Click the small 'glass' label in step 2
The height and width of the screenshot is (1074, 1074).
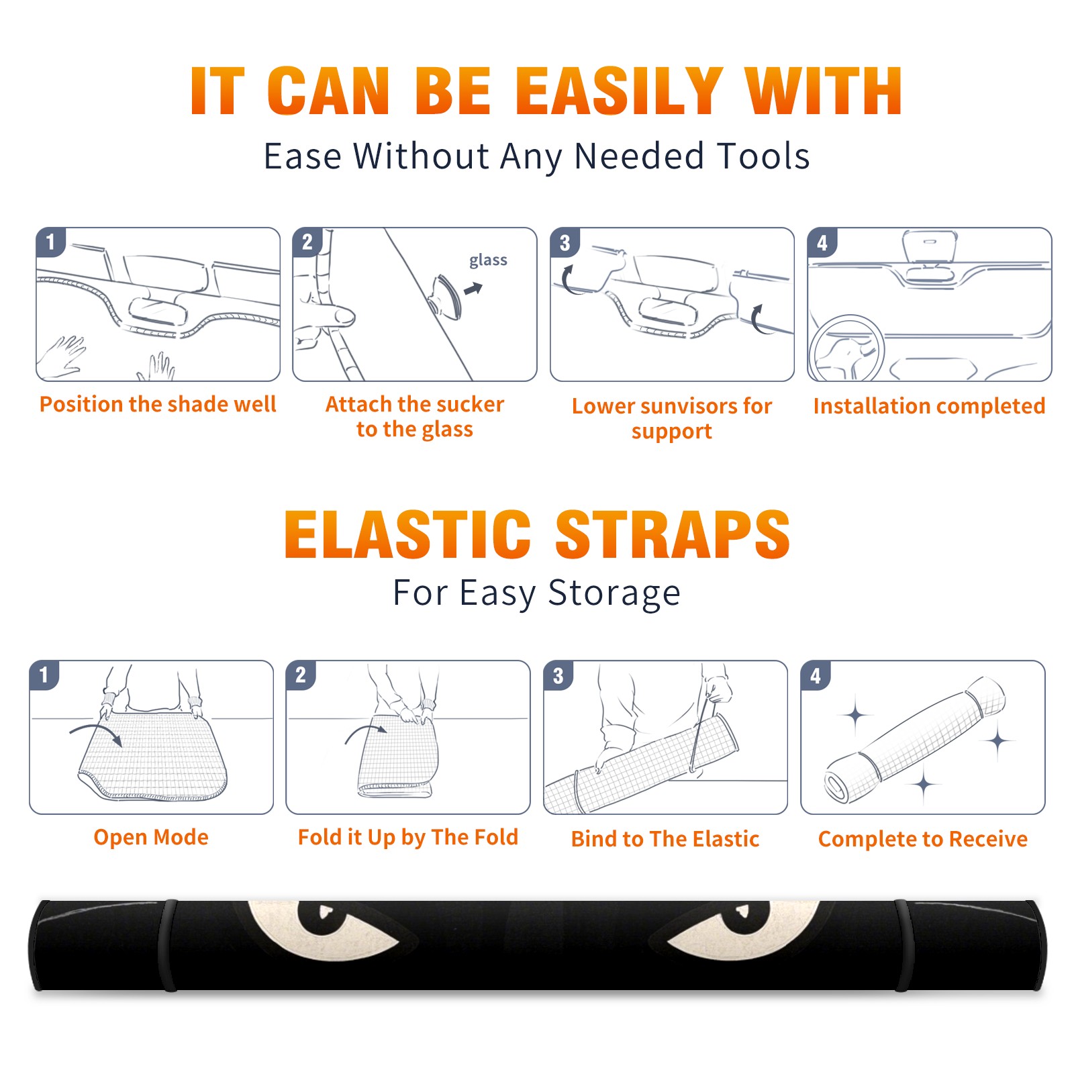[488, 260]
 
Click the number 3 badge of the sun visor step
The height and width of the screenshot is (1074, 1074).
[565, 242]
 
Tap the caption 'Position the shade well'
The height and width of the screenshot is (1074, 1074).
[158, 404]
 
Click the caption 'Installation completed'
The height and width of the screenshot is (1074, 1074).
[929, 405]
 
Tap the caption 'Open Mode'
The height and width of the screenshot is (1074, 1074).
[151, 837]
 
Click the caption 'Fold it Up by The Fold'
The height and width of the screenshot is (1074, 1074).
[408, 837]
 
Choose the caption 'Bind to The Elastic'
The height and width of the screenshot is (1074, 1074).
[665, 838]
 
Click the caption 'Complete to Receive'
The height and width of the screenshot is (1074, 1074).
[923, 838]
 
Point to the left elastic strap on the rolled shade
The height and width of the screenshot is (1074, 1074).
[169, 945]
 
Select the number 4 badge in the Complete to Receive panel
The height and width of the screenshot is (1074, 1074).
[815, 675]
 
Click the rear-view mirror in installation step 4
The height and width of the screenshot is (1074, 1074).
[930, 246]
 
